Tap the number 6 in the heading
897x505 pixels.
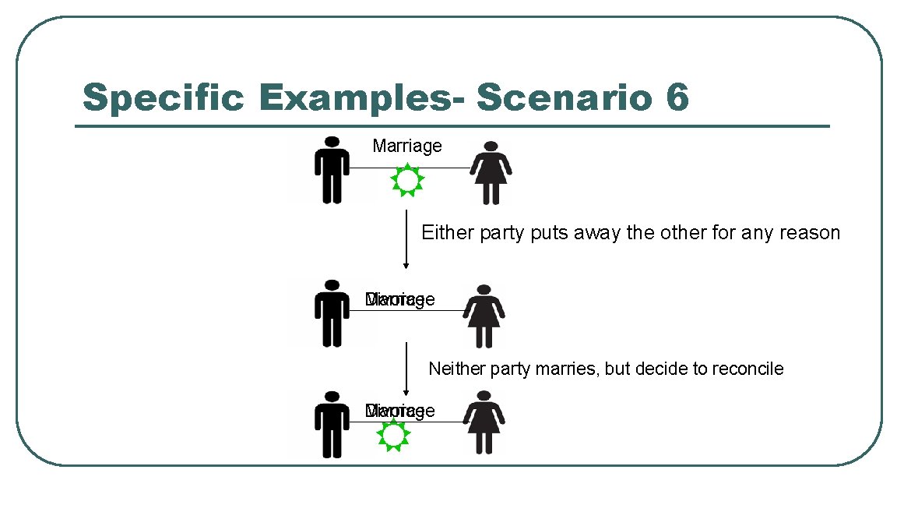[x=676, y=98]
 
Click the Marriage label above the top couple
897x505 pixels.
[x=406, y=146]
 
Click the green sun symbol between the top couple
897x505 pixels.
[x=406, y=180]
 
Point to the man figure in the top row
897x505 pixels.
[x=332, y=169]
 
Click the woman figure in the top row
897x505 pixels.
[x=490, y=172]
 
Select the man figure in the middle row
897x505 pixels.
[x=332, y=312]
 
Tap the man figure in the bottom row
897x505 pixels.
[x=332, y=424]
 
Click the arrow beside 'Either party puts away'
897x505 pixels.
[x=406, y=238]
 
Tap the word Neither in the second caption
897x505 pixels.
[x=457, y=369]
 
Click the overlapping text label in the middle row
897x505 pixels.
[x=399, y=300]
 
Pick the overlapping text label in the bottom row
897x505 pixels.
[x=399, y=411]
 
